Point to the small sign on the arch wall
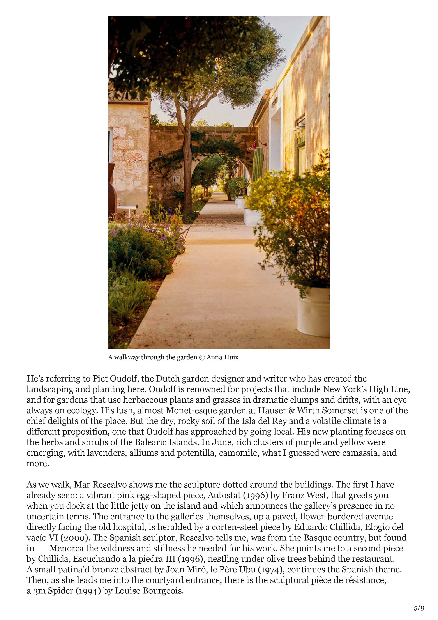tap(177, 179)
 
